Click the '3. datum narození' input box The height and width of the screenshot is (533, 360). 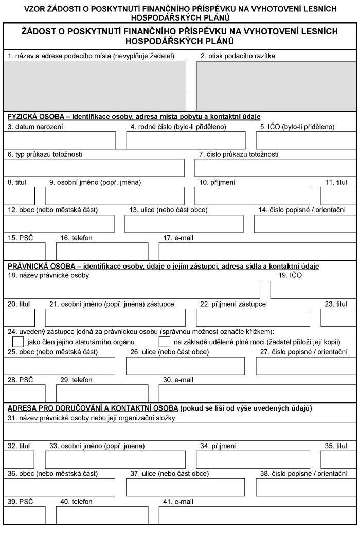click(60, 140)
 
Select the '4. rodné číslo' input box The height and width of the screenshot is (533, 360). click(186, 140)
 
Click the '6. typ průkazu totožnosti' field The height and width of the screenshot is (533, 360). click(95, 168)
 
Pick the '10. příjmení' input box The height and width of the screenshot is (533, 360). click(252, 196)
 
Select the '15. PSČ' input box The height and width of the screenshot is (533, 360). click(25, 251)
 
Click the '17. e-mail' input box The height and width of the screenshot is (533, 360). click(257, 251)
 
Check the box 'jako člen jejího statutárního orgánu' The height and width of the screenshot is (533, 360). click(18, 342)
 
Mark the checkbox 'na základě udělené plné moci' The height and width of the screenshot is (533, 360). click(165, 342)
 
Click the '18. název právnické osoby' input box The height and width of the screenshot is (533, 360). click(132, 290)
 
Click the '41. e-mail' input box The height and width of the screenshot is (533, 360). click(257, 515)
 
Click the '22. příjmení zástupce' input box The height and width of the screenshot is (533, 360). click(253, 318)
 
